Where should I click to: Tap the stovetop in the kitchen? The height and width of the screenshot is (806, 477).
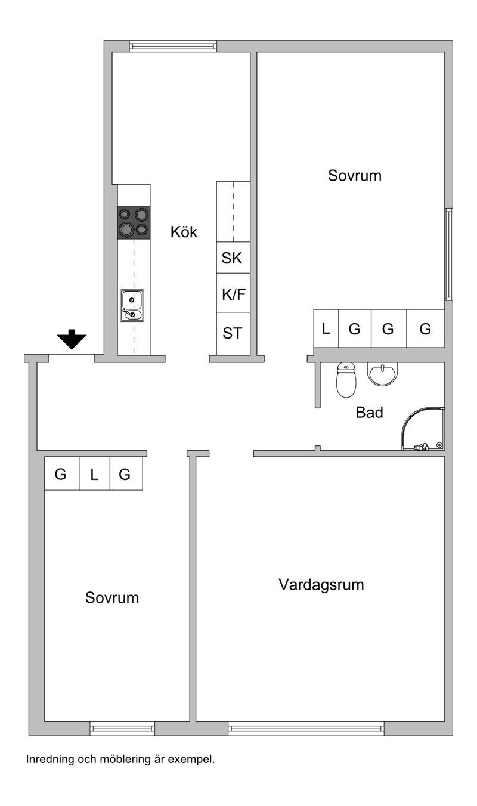[134, 223]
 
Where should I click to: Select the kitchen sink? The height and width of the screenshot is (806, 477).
[132, 305]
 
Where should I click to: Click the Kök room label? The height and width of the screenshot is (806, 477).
[184, 232]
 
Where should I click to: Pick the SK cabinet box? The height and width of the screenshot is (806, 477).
[233, 258]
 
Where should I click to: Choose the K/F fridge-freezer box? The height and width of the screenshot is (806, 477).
[233, 293]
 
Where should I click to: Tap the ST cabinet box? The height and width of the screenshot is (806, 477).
[233, 333]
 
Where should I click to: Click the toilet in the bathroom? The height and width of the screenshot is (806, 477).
[346, 380]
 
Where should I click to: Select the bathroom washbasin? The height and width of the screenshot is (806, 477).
[383, 374]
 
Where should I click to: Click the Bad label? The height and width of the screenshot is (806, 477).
[369, 413]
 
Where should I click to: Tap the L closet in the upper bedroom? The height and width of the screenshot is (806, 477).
[326, 328]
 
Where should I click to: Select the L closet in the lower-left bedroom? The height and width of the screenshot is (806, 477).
[95, 473]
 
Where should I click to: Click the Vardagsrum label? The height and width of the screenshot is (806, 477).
[321, 585]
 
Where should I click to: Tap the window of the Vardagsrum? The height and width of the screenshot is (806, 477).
[306, 728]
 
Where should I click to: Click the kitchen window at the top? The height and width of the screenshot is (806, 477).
[173, 46]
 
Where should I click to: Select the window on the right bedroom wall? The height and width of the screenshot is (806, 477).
[448, 254]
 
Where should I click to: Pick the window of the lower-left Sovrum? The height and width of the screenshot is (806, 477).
[122, 728]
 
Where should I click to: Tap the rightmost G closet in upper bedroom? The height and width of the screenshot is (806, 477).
[426, 328]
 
